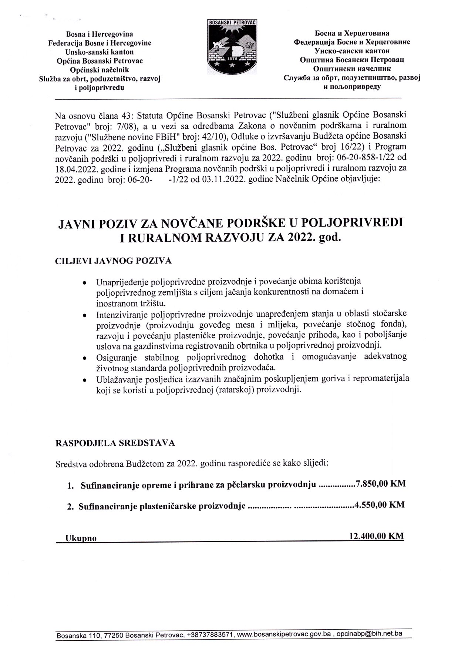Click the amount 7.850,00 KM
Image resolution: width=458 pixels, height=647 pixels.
[x=380, y=485]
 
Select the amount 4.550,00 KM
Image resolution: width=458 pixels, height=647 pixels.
[x=379, y=505]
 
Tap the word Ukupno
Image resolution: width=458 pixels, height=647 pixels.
[x=81, y=539]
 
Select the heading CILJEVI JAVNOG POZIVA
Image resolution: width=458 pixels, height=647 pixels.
[x=113, y=261]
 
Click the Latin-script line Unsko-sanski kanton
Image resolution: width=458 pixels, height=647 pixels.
[x=100, y=52]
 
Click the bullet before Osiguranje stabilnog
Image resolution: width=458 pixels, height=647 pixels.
[x=85, y=359]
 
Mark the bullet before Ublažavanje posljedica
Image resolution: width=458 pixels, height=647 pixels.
[x=85, y=380]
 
